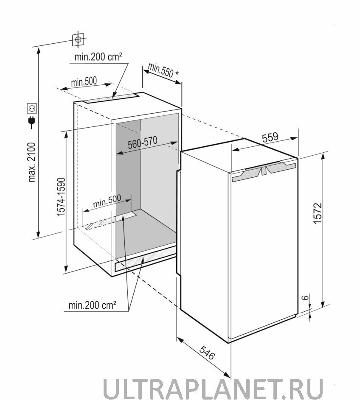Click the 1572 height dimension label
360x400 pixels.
[318, 213]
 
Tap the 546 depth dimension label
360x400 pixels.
[207, 353]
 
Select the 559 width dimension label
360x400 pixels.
[270, 137]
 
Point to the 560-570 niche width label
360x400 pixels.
[142, 143]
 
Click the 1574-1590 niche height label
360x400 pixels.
[61, 197]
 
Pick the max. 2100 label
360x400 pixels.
[32, 162]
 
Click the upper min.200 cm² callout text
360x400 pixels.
[98, 57]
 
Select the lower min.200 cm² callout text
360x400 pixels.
[93, 305]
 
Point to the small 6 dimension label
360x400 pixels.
[305, 297]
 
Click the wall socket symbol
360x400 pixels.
[32, 108]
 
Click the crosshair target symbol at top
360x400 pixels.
[78, 39]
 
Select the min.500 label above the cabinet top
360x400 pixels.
[84, 81]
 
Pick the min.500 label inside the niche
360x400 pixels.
[107, 201]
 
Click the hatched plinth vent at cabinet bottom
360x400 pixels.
[146, 258]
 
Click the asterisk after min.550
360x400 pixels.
[177, 73]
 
